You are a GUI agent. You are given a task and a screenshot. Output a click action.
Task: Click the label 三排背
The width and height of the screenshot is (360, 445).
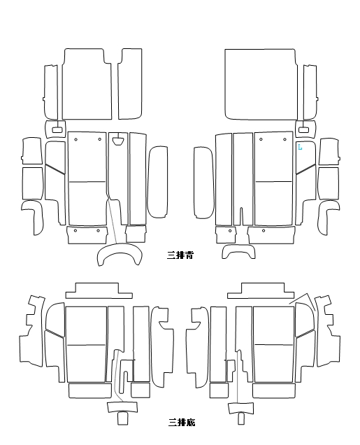coord(180,255)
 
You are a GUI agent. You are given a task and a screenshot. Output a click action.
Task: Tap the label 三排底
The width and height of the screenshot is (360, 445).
coord(182,423)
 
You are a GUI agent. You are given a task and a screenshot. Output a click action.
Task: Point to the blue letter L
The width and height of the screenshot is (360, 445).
coord(300,147)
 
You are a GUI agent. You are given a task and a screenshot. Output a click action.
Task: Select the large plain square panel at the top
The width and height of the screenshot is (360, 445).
coord(261,84)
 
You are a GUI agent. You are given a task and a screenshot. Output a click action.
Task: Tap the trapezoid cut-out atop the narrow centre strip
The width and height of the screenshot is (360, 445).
coord(118,141)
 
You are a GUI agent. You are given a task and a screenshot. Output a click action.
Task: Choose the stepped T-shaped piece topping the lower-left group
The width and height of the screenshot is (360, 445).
coord(99,291)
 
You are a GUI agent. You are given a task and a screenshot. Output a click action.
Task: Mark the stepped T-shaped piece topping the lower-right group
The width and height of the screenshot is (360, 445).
coord(261,291)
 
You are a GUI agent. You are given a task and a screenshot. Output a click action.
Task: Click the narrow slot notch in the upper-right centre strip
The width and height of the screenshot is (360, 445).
coord(241,216)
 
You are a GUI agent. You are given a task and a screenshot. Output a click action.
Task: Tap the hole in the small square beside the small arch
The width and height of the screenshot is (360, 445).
coord(230,231)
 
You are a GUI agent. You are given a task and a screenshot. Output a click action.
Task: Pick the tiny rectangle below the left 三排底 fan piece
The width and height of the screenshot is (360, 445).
coord(123,418)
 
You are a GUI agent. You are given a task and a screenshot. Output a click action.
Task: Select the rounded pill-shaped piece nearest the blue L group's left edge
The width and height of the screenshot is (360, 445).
coord(203,183)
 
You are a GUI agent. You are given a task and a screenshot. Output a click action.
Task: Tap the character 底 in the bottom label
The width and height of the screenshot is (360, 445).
coord(191,423)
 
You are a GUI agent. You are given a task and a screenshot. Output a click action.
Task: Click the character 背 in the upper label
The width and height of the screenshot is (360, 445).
coord(189,255)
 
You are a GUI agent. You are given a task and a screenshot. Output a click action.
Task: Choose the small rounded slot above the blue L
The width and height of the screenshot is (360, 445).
coord(303,129)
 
